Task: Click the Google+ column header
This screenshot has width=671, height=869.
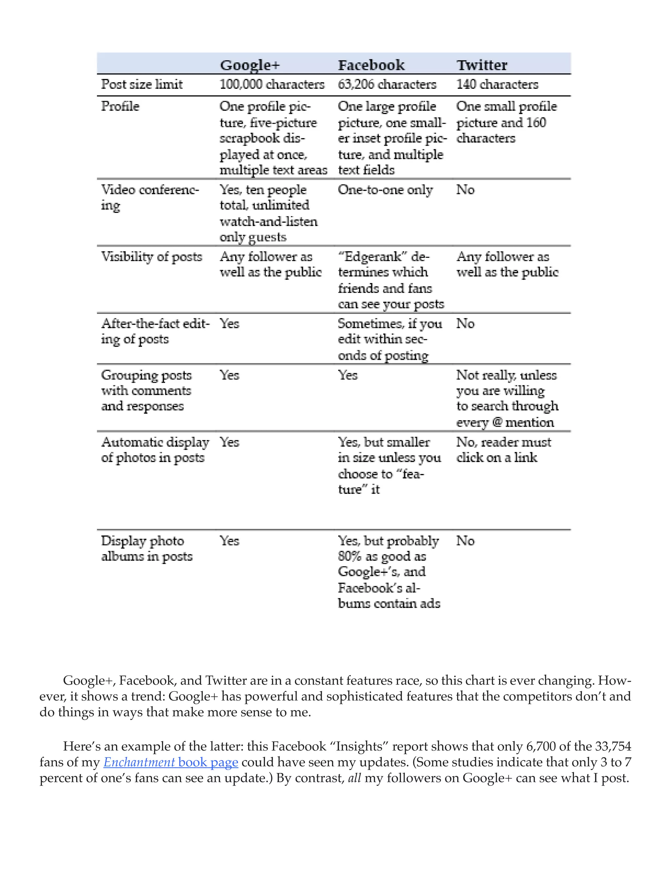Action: (250, 65)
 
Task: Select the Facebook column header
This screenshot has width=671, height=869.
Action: (371, 65)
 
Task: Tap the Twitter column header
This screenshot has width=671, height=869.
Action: (482, 65)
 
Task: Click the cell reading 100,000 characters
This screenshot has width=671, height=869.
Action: (272, 84)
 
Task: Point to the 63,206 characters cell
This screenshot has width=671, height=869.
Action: (387, 84)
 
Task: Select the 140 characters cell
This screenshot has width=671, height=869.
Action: (497, 84)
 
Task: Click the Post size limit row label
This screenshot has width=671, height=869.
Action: (142, 84)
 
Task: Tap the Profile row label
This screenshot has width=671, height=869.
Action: (120, 106)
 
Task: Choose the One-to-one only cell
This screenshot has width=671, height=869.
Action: (385, 190)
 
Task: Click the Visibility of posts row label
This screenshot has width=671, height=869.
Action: (151, 257)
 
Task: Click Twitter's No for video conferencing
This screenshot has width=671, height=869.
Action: (465, 190)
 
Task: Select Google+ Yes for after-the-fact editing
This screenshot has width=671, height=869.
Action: (229, 323)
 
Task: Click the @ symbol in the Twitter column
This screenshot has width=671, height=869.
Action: (497, 422)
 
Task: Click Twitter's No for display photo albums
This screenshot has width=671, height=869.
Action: (465, 541)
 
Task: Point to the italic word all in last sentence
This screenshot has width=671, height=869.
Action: (354, 778)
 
